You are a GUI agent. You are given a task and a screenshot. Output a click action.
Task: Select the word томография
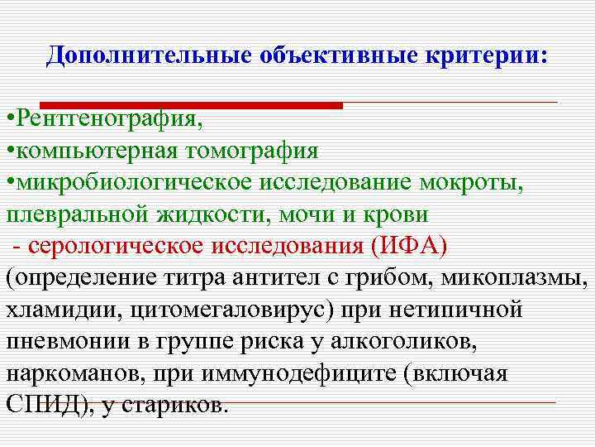[251, 152]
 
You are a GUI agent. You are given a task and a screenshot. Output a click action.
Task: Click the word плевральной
[77, 215]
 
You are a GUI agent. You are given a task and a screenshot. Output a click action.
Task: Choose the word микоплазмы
[512, 277]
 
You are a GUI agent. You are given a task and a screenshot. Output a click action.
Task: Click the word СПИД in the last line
[40, 405]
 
